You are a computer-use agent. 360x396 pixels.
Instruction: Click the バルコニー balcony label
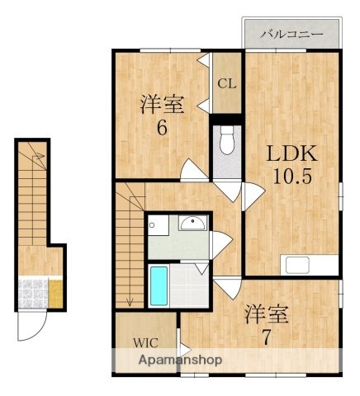pyautogui.click(x=290, y=35)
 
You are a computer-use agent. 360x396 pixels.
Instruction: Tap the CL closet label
pyautogui.click(x=226, y=83)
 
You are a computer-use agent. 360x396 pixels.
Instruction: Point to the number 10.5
pyautogui.click(x=293, y=175)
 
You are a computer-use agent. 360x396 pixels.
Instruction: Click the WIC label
pyautogui.click(x=144, y=342)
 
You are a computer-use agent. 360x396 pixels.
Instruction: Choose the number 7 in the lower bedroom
pyautogui.click(x=266, y=337)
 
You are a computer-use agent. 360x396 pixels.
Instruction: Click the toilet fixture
pyautogui.click(x=226, y=142)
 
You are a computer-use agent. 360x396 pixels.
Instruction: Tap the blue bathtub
pyautogui.click(x=159, y=285)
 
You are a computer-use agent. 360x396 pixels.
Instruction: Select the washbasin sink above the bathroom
pyautogui.click(x=192, y=223)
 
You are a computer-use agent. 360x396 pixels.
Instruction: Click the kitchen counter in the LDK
pyautogui.click(x=310, y=265)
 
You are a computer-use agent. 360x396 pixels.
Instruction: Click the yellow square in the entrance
pyautogui.click(x=55, y=292)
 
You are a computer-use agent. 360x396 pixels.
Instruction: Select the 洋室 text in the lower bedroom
pyautogui.click(x=266, y=314)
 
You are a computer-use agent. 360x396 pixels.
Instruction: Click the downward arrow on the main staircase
pyautogui.click(x=129, y=299)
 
